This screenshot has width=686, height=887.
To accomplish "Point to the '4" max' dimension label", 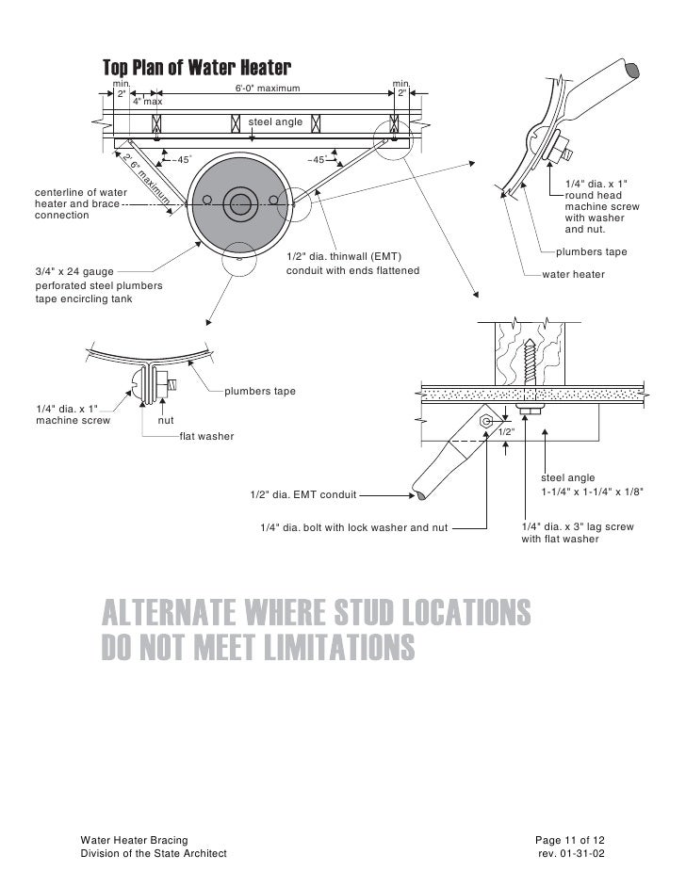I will (x=147, y=101).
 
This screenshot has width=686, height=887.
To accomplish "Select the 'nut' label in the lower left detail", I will (x=167, y=421).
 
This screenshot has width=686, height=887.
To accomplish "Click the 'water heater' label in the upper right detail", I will (x=574, y=274).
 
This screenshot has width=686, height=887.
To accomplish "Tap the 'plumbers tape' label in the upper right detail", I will (x=591, y=252).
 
